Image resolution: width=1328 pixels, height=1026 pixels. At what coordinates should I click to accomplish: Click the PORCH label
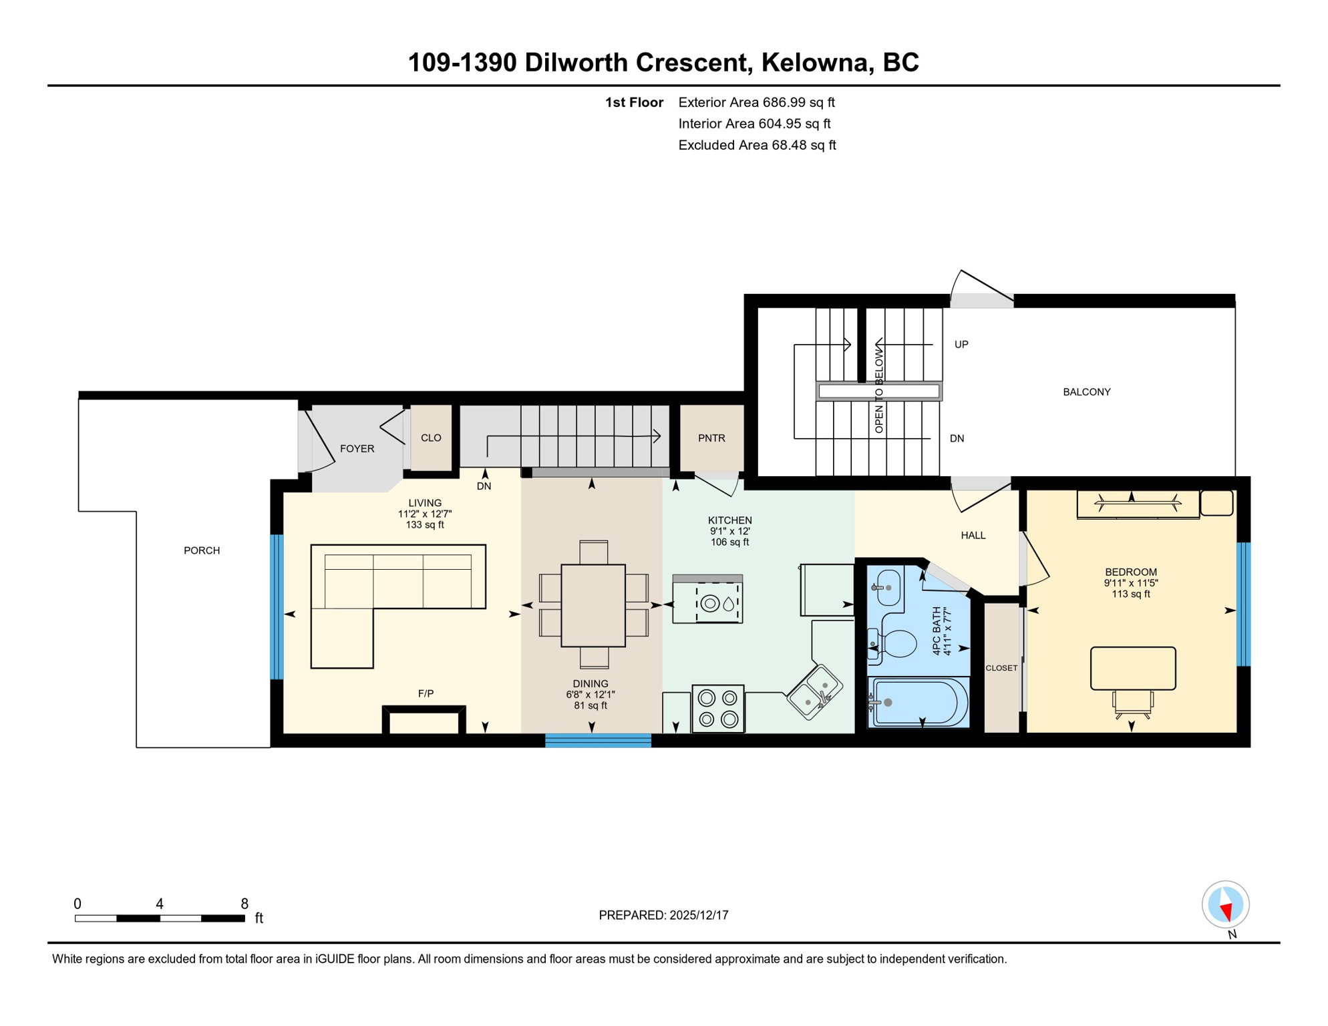(202, 550)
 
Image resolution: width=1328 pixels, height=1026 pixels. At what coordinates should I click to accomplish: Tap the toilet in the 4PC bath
(896, 644)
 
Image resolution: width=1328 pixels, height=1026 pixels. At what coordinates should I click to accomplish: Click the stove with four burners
(718, 709)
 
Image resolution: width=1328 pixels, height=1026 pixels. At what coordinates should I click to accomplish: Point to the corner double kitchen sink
(815, 692)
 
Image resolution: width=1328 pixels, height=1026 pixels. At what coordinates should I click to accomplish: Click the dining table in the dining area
(593, 605)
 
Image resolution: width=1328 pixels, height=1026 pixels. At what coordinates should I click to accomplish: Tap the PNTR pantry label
(711, 438)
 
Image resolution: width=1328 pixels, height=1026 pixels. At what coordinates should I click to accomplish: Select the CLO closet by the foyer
(431, 438)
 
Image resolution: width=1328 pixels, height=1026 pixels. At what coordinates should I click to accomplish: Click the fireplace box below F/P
(424, 722)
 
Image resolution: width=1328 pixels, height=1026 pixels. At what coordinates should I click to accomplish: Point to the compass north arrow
(1226, 905)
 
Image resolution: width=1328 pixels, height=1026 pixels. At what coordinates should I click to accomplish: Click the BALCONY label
(1087, 392)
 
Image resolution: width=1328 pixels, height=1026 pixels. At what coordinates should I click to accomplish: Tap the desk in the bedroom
(1133, 668)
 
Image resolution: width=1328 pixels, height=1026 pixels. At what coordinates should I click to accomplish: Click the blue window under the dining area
(598, 740)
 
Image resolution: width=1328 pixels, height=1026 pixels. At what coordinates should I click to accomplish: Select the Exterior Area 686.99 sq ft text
(756, 102)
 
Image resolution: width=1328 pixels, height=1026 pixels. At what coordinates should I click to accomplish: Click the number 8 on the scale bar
(244, 904)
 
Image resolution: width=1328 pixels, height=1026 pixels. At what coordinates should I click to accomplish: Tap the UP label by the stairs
(961, 345)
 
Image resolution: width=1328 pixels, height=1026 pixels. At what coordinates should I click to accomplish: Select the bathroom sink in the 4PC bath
(888, 588)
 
